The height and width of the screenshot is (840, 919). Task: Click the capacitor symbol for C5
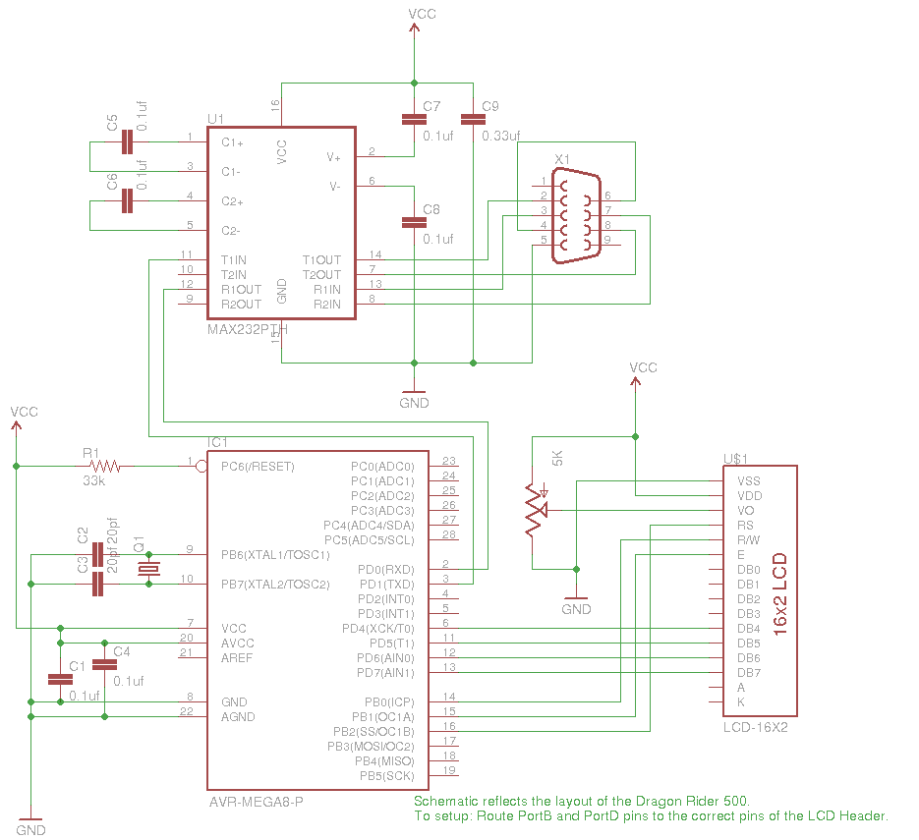pyautogui.click(x=126, y=142)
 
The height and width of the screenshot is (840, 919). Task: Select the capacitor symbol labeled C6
pyautogui.click(x=126, y=201)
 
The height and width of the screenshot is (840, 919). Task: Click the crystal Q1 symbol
pyautogui.click(x=148, y=570)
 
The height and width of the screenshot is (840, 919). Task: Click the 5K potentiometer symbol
pyautogui.click(x=534, y=510)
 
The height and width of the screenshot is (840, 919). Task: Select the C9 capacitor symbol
pyautogui.click(x=473, y=120)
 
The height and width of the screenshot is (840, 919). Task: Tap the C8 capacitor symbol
pyautogui.click(x=414, y=222)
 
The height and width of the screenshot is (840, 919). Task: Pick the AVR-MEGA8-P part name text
pyautogui.click(x=256, y=802)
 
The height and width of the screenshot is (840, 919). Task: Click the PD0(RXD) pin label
pyautogui.click(x=385, y=570)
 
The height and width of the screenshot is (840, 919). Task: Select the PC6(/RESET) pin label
pyautogui.click(x=258, y=467)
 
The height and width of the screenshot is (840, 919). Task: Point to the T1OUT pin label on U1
pyautogui.click(x=321, y=260)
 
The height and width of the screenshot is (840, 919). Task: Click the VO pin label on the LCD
pyautogui.click(x=745, y=511)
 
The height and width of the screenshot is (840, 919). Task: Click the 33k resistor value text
pyautogui.click(x=94, y=481)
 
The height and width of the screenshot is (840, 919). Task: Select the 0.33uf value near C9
pyautogui.click(x=500, y=136)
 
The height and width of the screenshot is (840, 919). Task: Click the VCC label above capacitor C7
pyautogui.click(x=422, y=14)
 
